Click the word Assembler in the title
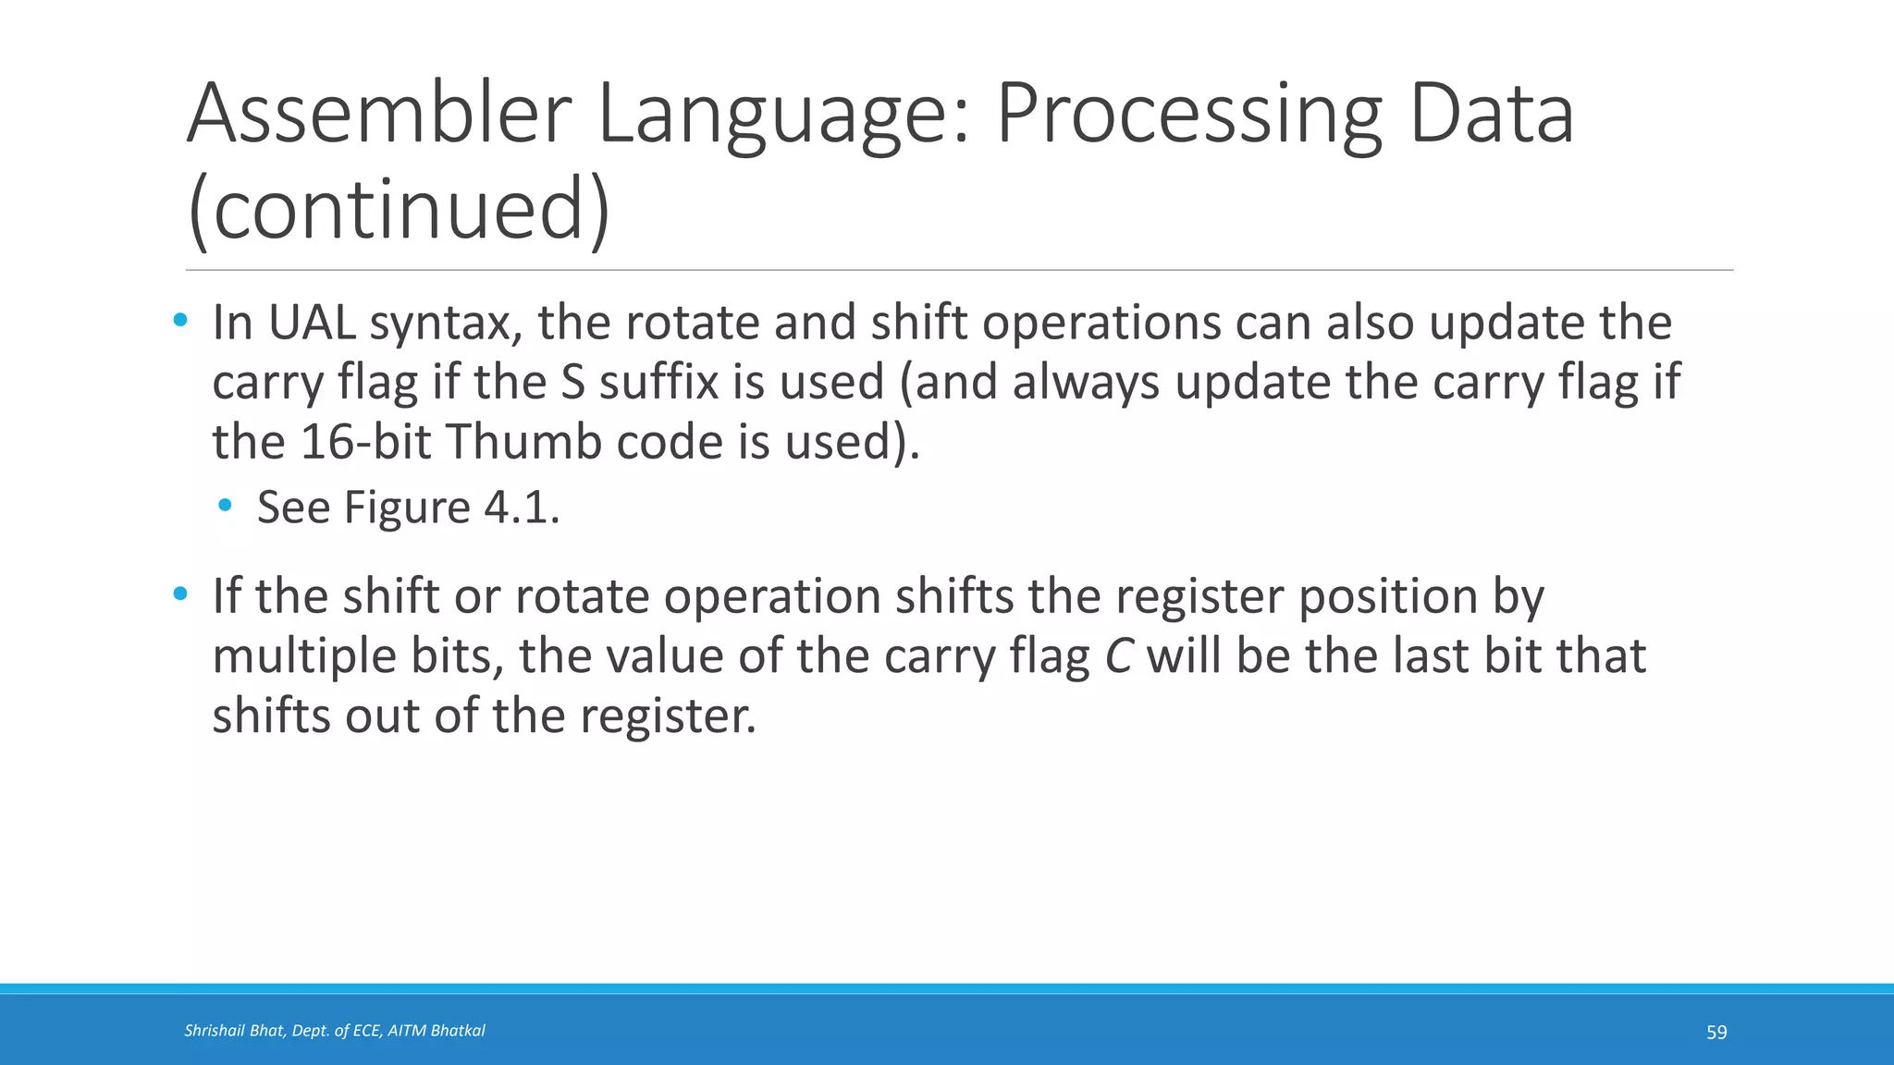click(x=380, y=115)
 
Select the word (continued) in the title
click(x=399, y=210)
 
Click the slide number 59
click(x=1716, y=1033)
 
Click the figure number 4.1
click(x=522, y=508)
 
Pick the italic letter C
click(x=1119, y=656)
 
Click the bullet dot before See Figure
click(x=225, y=506)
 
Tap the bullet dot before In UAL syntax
click(x=180, y=321)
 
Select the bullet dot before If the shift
click(x=180, y=594)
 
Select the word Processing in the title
click(x=1188, y=115)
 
